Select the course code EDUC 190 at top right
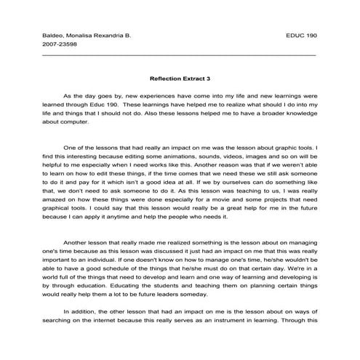tap(301, 35)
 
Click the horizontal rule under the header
tap(180, 55)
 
